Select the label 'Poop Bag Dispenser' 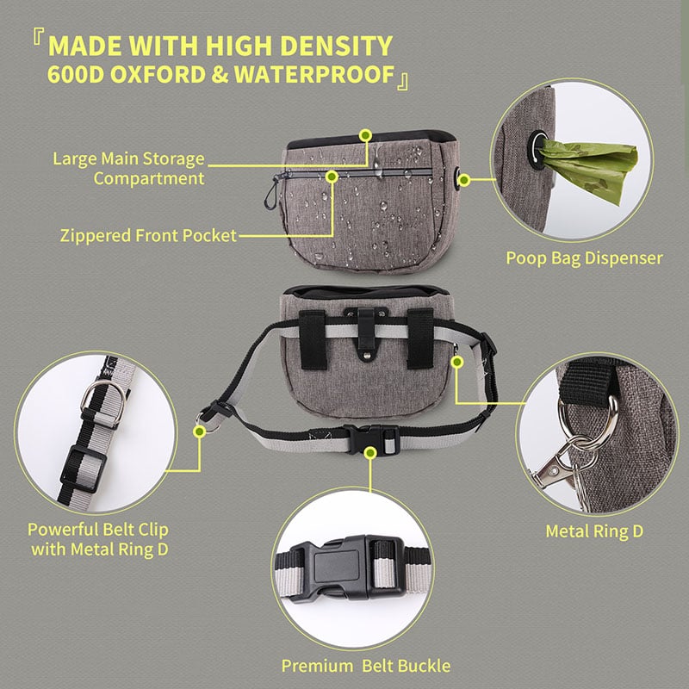584,258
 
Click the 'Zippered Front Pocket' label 149,235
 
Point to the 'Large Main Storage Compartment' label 129,169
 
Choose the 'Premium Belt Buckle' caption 366,665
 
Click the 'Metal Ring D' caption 594,531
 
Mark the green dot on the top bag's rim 365,135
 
